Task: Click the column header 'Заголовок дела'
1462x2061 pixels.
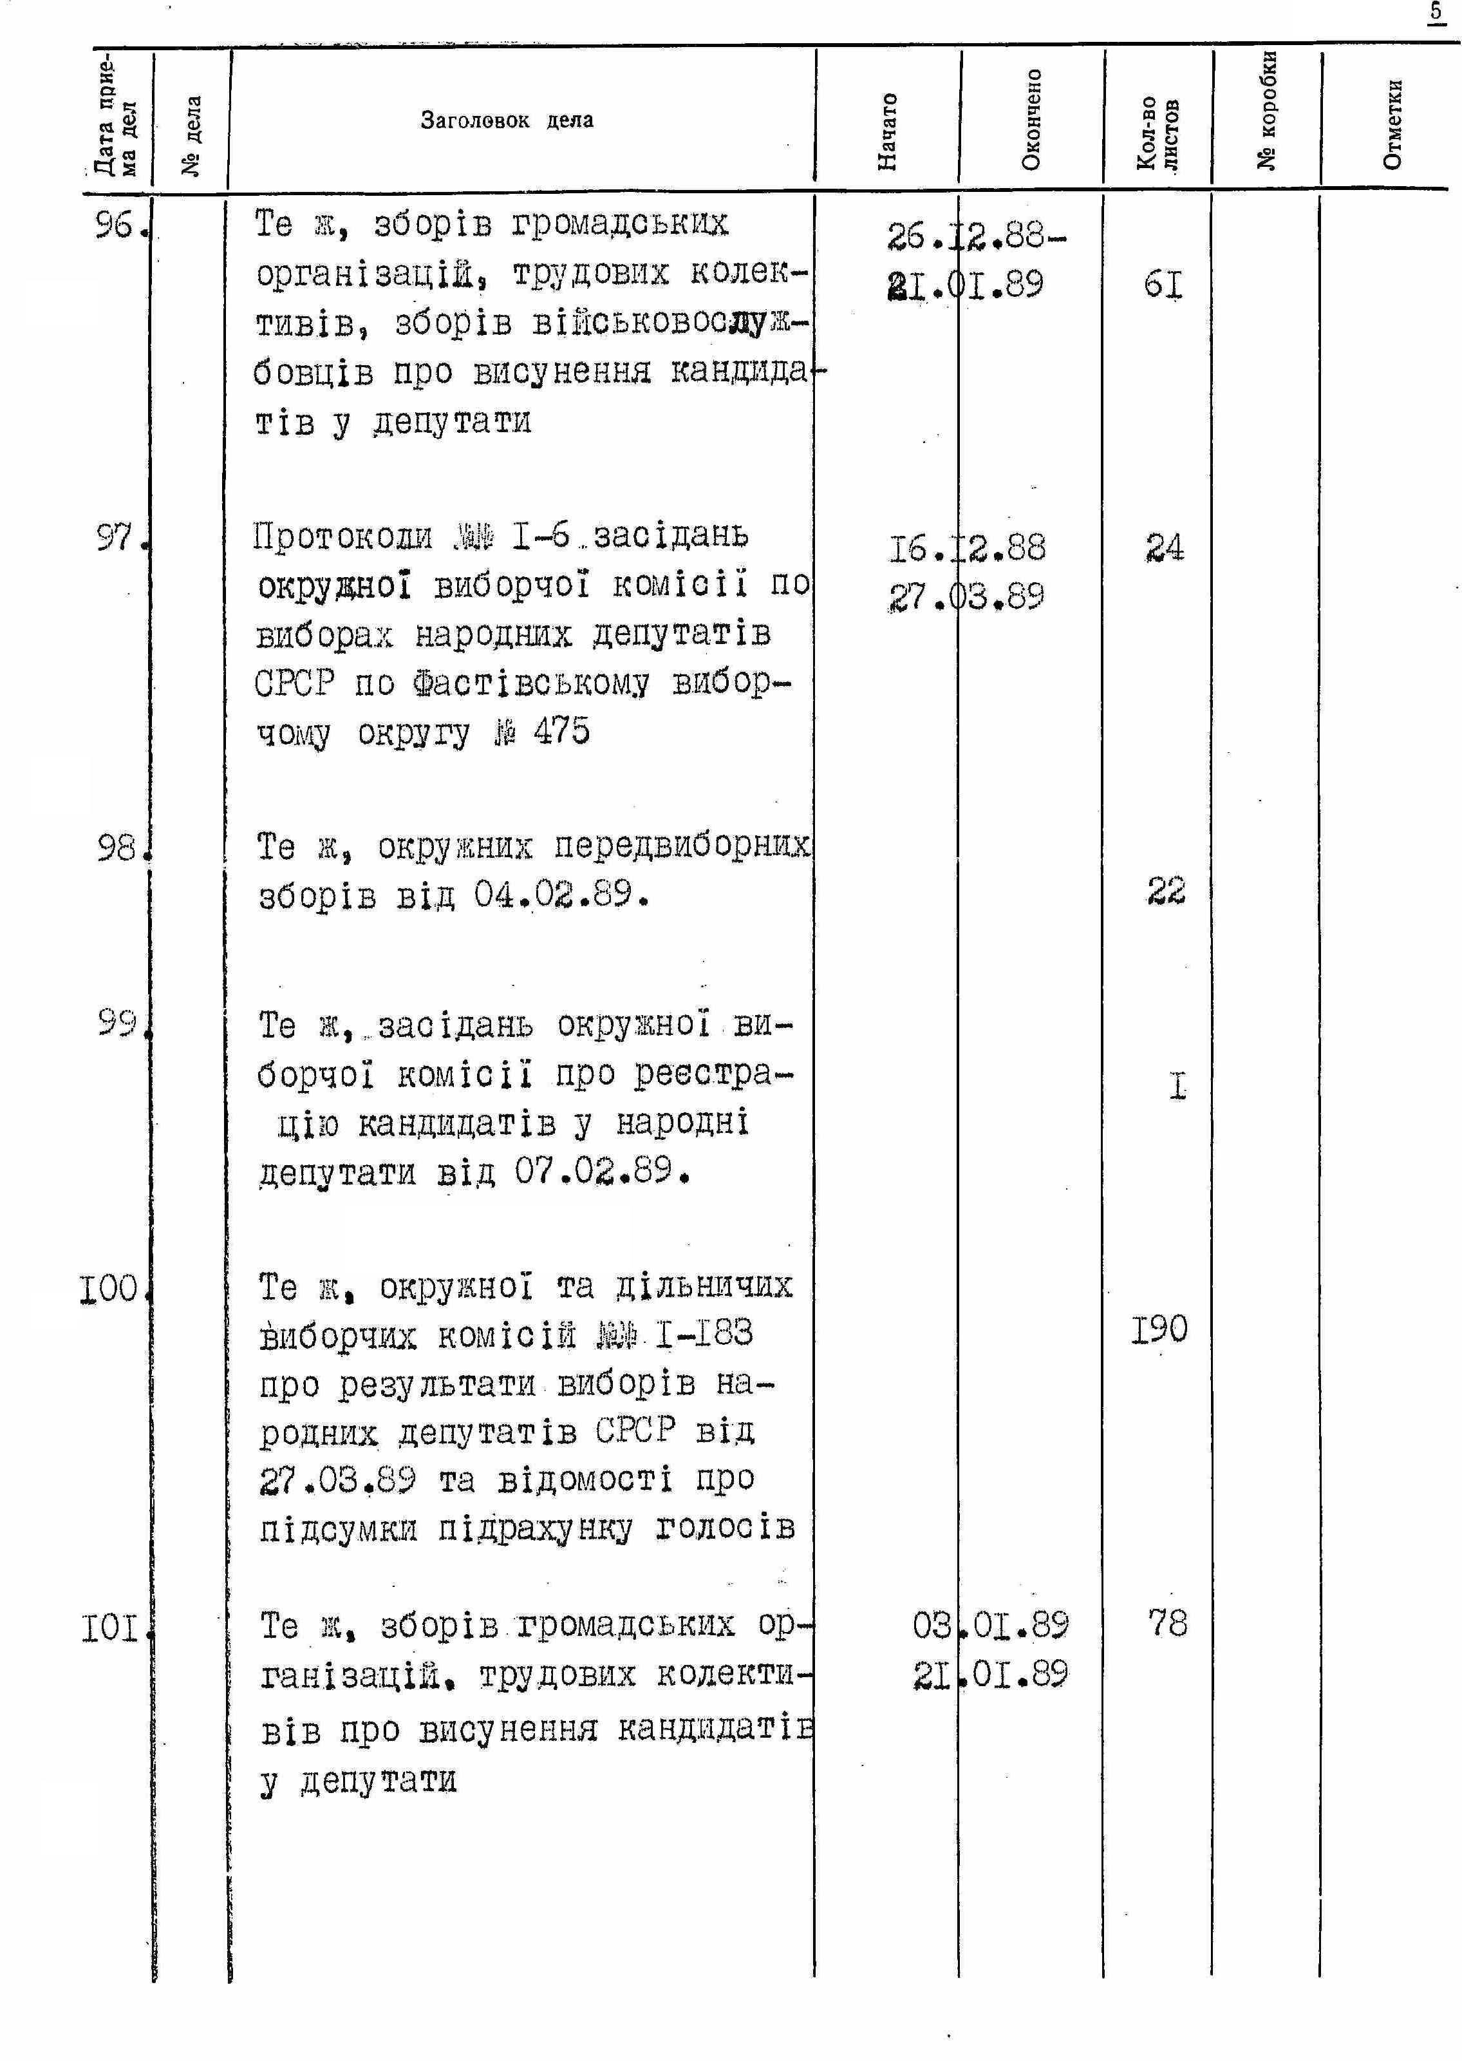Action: click(507, 120)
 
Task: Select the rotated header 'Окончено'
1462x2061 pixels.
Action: click(1032, 120)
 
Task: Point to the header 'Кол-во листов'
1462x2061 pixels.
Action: click(1157, 133)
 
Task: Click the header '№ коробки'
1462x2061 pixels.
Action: click(1267, 110)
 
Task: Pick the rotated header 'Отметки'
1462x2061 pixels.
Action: click(1392, 124)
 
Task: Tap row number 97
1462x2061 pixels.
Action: click(115, 538)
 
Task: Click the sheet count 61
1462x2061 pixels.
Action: click(1163, 285)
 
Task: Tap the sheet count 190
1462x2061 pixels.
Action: click(1159, 1329)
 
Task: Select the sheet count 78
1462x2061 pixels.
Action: click(1168, 1624)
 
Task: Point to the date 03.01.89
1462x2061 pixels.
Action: click(990, 1625)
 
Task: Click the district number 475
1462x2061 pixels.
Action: click(562, 730)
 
